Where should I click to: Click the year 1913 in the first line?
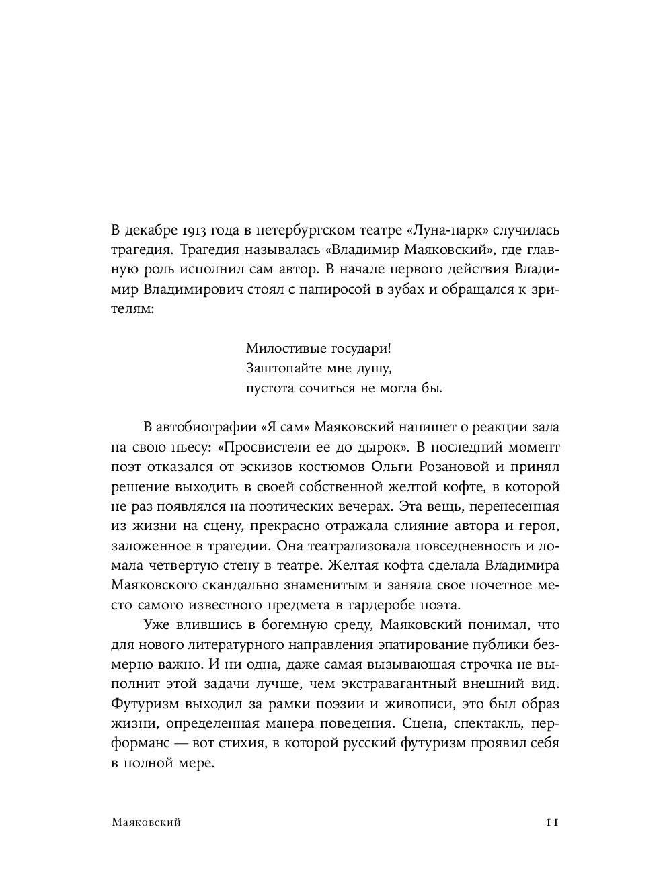click(x=194, y=231)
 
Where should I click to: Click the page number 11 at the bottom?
click(x=553, y=822)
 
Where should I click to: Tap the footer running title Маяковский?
click(x=146, y=822)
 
